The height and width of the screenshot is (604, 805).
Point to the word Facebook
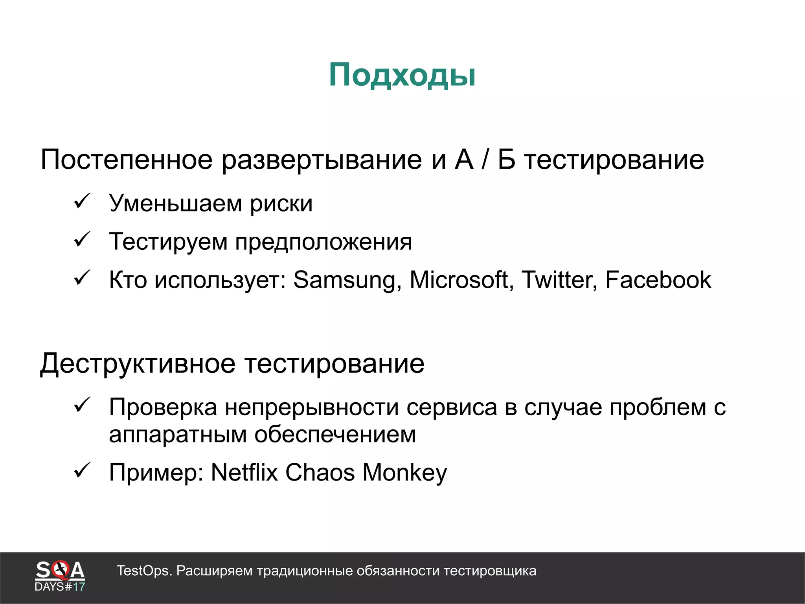tap(658, 280)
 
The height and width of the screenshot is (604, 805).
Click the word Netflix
tap(244, 472)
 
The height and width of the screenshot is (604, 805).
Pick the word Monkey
tap(405, 473)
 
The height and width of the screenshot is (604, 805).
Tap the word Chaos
tap(320, 472)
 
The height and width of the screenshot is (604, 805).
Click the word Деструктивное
tap(138, 364)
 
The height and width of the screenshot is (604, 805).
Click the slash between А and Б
tap(485, 160)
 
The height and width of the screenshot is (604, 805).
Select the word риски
tap(281, 204)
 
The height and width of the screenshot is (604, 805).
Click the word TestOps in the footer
tap(144, 571)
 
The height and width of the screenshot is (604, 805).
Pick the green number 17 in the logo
tap(79, 587)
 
